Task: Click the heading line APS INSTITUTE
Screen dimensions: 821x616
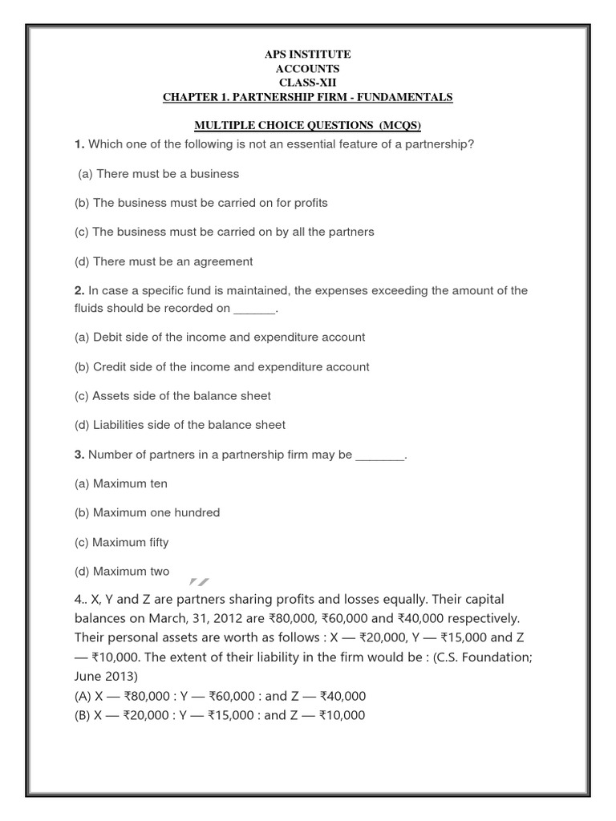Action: pyautogui.click(x=308, y=54)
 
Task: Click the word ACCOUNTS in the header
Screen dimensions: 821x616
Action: pyautogui.click(x=308, y=68)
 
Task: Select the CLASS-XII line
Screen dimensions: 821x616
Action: pyautogui.click(x=308, y=83)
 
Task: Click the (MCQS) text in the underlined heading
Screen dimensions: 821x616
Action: pyautogui.click(x=394, y=126)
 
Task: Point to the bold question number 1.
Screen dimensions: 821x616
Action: pyautogui.click(x=79, y=144)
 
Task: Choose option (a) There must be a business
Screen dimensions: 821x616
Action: pyautogui.click(x=158, y=173)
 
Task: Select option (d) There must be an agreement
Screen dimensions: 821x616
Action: pyautogui.click(x=164, y=261)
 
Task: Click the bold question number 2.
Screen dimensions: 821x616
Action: pyautogui.click(x=79, y=290)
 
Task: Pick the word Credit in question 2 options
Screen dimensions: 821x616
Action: pyautogui.click(x=111, y=366)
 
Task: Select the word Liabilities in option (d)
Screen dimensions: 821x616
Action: pyautogui.click(x=121, y=425)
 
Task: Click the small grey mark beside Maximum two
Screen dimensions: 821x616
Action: pyautogui.click(x=199, y=580)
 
